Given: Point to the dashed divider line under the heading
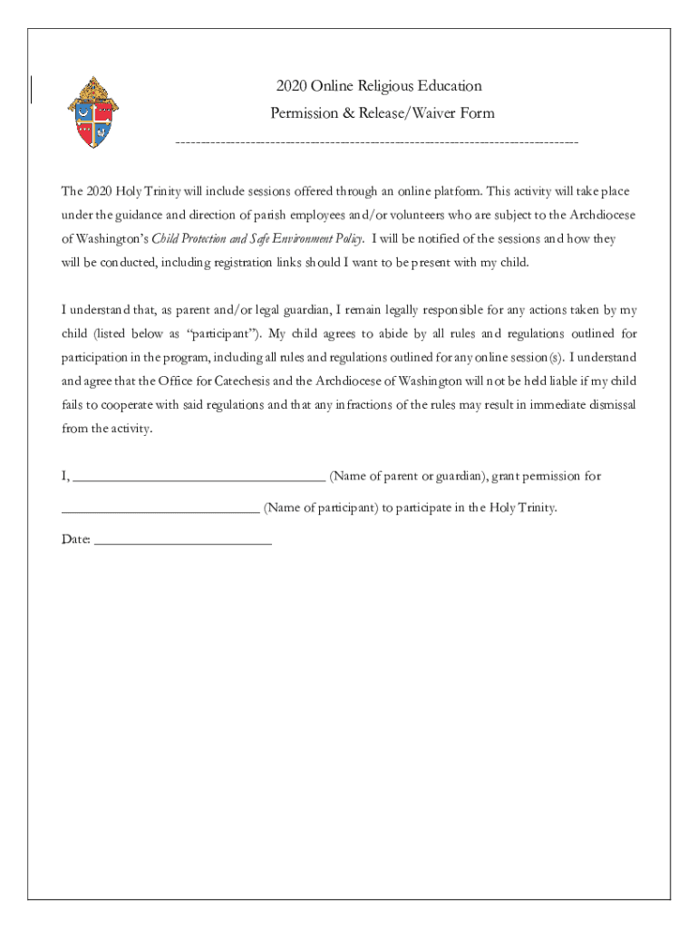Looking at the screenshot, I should click(376, 143).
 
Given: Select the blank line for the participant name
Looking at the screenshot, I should click(160, 509).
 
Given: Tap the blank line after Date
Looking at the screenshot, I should click(182, 541).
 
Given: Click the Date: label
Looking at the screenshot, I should click(75, 540).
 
